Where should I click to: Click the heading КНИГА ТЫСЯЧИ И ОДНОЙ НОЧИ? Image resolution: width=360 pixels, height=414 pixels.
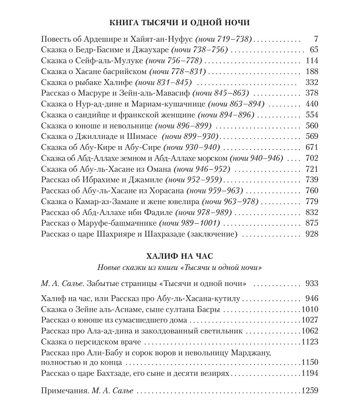click(180, 23)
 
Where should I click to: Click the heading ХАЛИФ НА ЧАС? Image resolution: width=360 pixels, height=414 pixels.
click(179, 255)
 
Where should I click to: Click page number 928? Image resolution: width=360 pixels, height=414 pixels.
click(312, 234)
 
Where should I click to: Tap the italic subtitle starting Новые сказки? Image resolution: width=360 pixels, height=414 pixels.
click(179, 267)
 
